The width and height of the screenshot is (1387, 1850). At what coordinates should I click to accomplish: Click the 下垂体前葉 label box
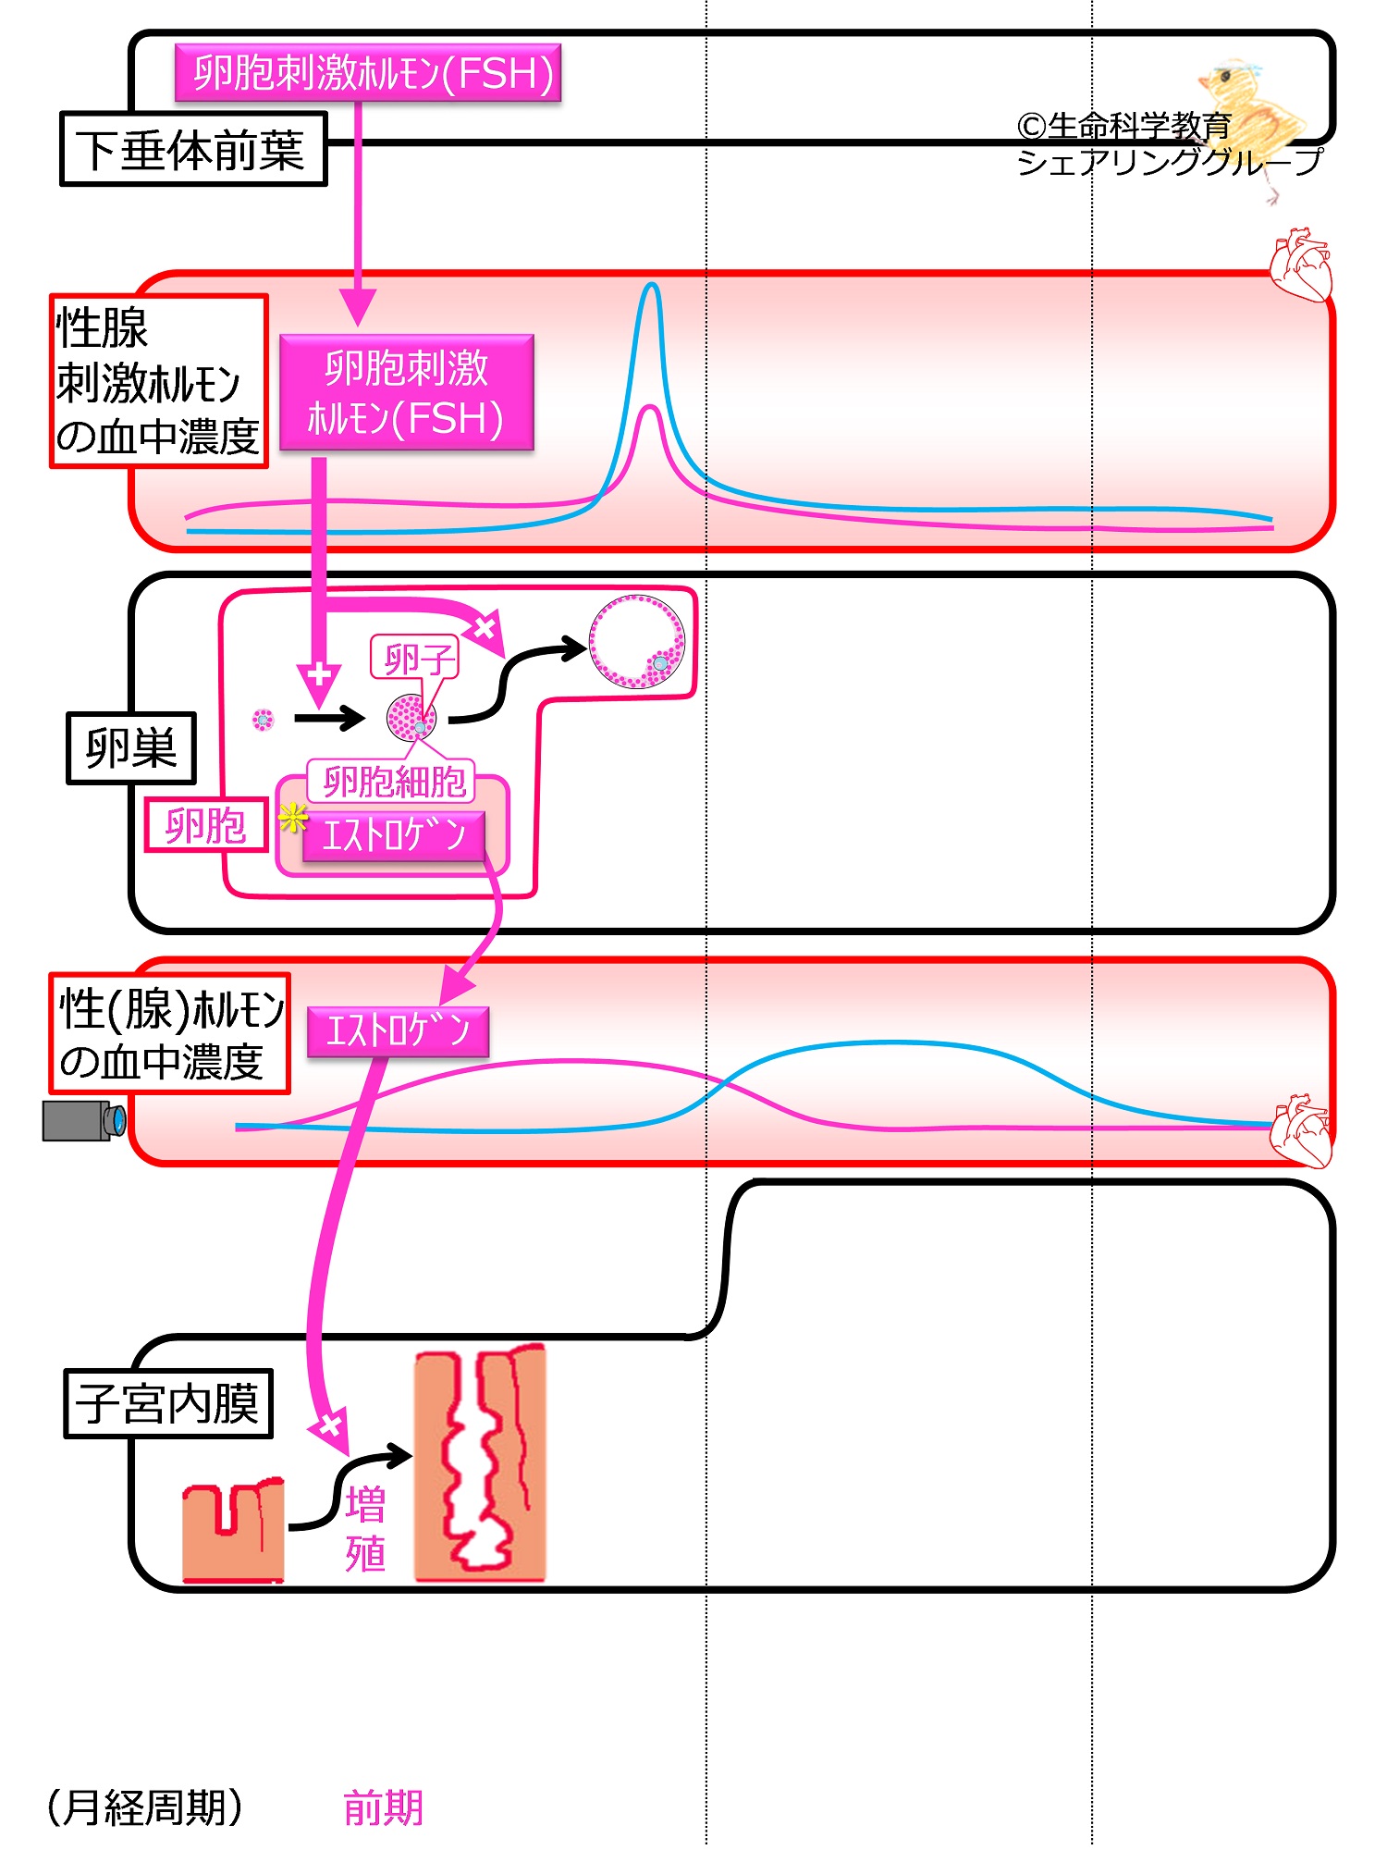click(x=193, y=149)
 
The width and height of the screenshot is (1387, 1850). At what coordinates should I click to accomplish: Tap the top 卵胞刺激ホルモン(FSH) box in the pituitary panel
click(x=368, y=73)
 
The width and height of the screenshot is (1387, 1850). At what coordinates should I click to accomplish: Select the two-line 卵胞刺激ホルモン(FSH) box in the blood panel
click(x=406, y=392)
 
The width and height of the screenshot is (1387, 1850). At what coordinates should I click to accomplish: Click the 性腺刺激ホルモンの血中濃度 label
click(x=158, y=381)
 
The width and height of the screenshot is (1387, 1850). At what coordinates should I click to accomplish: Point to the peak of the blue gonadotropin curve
click(x=652, y=286)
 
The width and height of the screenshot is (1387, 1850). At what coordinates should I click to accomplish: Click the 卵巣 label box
click(x=131, y=747)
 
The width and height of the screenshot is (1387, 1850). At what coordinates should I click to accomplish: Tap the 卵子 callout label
click(x=415, y=659)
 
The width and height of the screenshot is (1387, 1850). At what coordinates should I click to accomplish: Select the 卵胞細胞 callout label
click(x=392, y=783)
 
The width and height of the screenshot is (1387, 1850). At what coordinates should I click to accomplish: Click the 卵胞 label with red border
click(x=205, y=825)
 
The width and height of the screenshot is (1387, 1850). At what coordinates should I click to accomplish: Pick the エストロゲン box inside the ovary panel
click(x=393, y=836)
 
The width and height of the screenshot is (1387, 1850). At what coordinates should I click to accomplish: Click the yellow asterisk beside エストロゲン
click(x=292, y=818)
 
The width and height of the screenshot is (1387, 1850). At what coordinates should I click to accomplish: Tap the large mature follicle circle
click(x=637, y=642)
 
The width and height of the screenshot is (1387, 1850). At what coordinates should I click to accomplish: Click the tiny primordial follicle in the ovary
click(x=264, y=719)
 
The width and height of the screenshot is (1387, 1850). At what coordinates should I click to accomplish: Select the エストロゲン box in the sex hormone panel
click(x=398, y=1030)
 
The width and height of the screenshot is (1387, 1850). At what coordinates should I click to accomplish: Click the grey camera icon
click(x=83, y=1120)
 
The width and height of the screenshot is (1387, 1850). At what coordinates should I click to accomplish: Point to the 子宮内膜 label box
click(x=168, y=1403)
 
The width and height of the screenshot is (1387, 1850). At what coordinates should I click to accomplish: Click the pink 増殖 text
click(x=365, y=1528)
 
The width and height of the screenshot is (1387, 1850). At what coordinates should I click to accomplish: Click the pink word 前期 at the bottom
click(x=383, y=1807)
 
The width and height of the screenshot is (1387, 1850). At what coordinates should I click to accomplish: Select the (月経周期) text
click(x=145, y=1807)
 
